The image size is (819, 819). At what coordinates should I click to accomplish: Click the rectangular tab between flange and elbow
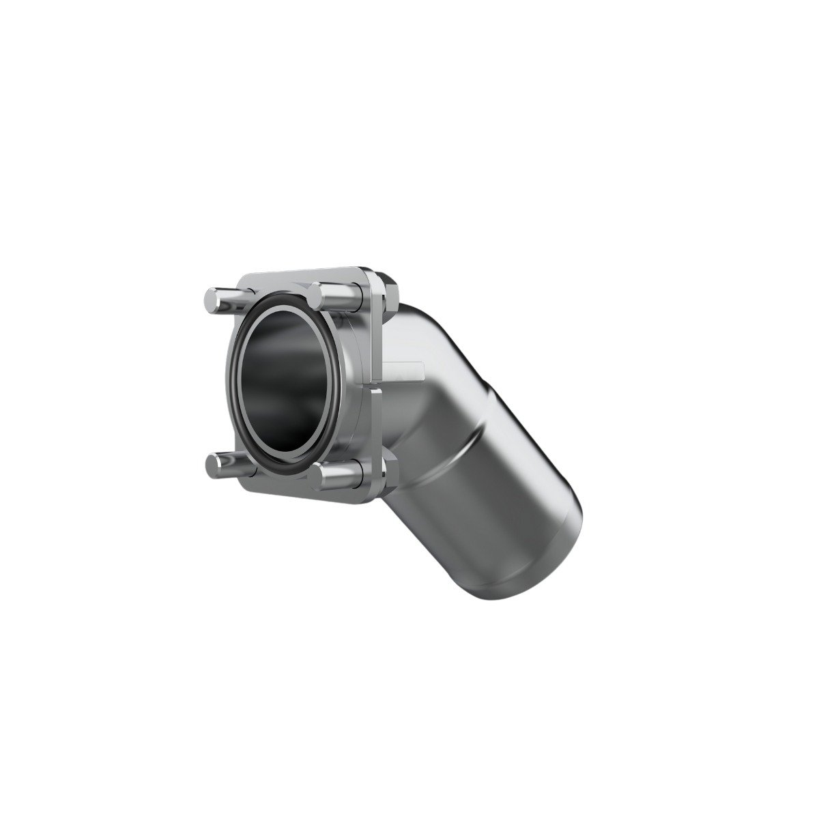coord(403,372)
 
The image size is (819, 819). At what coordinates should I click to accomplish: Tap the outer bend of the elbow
coord(437,328)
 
